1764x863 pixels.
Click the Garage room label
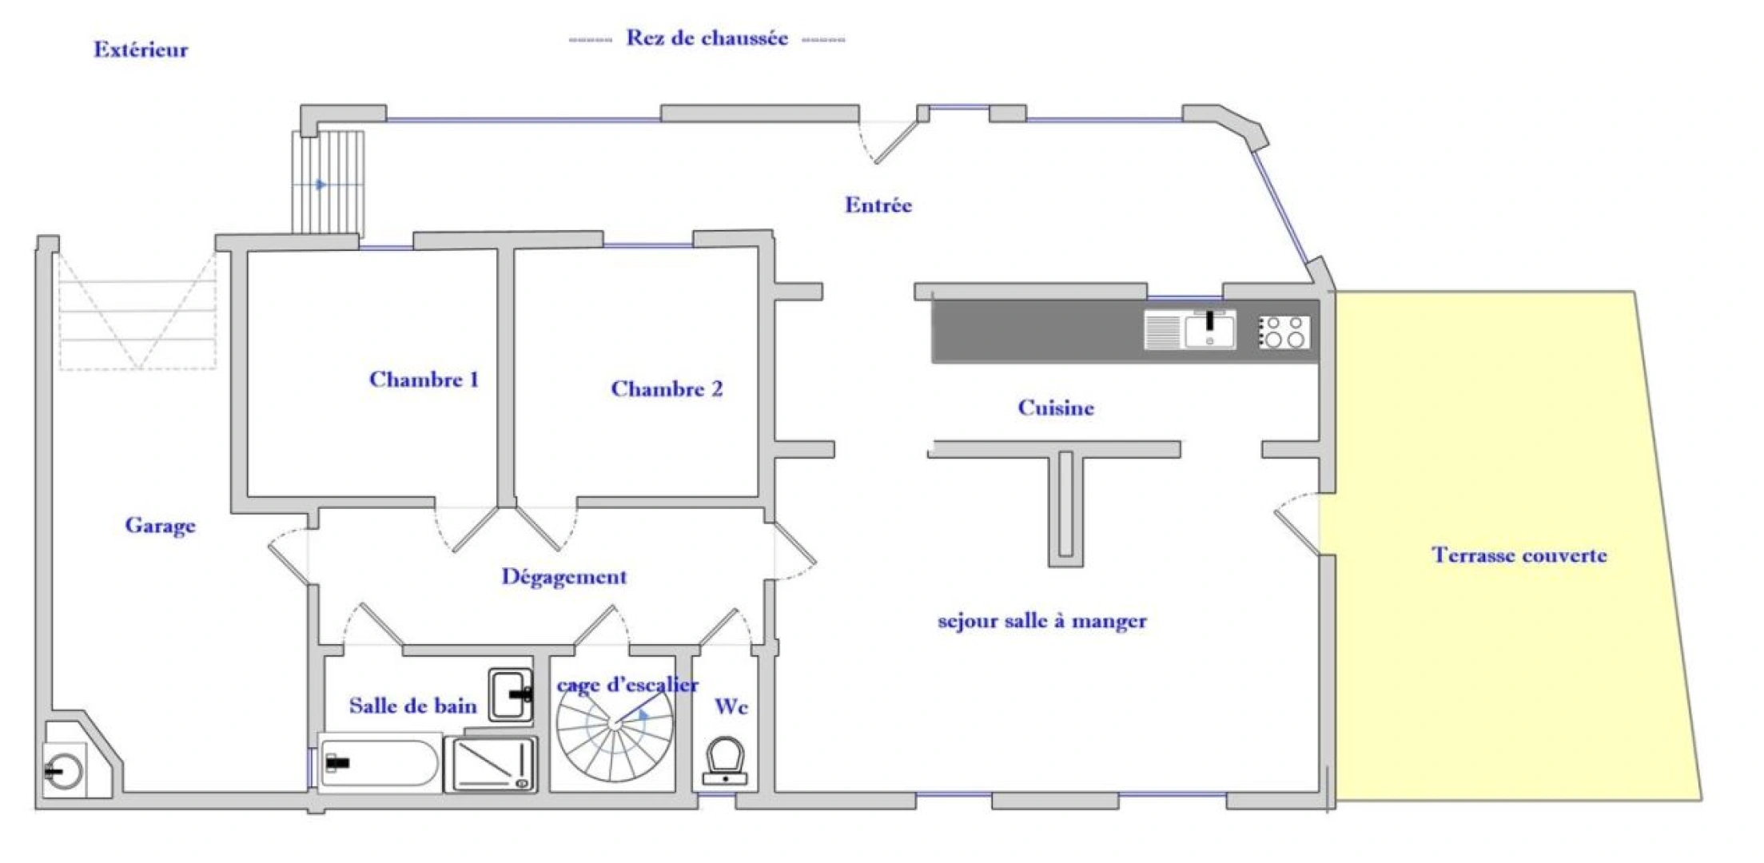point(160,526)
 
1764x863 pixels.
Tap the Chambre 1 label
point(424,379)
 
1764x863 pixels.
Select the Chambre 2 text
point(667,388)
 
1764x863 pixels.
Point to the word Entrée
point(878,205)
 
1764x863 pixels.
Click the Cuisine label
point(1056,408)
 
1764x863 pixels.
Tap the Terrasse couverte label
point(1519,555)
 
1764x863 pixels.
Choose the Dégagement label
point(564,577)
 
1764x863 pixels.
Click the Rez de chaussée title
point(707,38)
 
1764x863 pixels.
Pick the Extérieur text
point(141,49)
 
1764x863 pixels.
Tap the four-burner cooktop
point(1284,332)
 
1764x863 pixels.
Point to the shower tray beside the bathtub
point(491,764)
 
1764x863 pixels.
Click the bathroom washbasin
point(511,695)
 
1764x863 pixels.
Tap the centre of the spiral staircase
point(615,723)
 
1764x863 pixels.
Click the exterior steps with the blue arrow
point(328,184)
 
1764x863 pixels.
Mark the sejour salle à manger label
point(1042,621)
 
